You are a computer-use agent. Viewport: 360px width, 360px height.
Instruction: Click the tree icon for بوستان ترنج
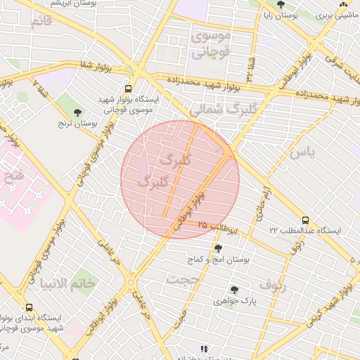pyautogui.click(x=77, y=112)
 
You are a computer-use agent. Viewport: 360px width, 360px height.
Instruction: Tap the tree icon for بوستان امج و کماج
pyautogui.click(x=218, y=248)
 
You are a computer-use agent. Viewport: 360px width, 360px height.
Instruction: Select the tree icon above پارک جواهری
pyautogui.click(x=233, y=290)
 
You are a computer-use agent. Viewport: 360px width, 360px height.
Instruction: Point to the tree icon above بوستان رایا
pyautogui.click(x=281, y=5)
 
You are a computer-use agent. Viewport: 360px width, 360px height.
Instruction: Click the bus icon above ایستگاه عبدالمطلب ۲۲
pyautogui.click(x=304, y=220)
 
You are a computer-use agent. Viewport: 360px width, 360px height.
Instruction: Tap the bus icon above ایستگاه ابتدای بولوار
pyautogui.click(x=29, y=307)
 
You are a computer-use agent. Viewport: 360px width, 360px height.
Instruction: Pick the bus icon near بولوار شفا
pyautogui.click(x=127, y=89)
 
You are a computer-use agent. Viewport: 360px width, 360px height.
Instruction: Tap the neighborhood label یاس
pyautogui.click(x=298, y=150)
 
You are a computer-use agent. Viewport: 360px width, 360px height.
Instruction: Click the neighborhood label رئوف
pyautogui.click(x=274, y=285)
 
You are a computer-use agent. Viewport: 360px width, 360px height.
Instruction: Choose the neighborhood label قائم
pyautogui.click(x=42, y=20)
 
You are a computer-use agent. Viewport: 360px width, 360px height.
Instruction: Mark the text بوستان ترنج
pyautogui.click(x=77, y=124)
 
